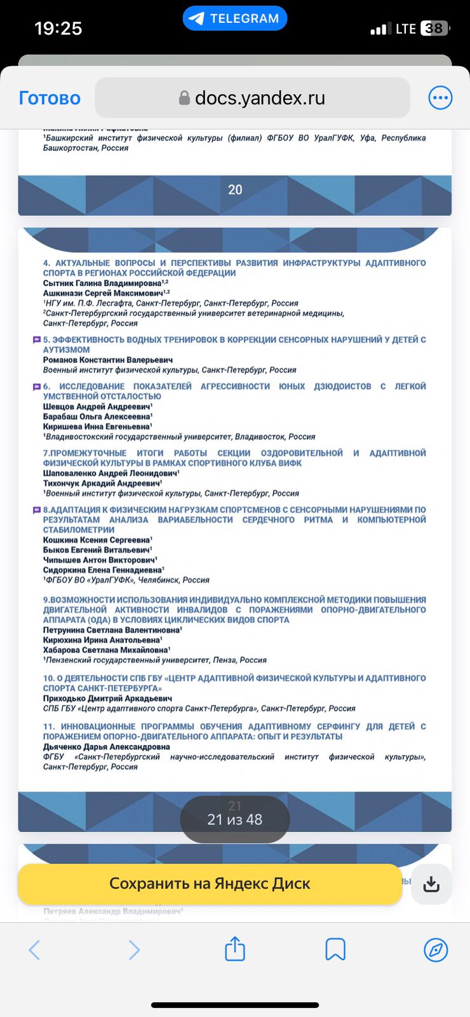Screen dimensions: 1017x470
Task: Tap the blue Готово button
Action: point(50,98)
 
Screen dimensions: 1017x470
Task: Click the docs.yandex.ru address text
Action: point(260,98)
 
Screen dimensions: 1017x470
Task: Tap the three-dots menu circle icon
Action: point(440,98)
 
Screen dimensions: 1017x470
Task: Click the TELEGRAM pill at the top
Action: point(235,18)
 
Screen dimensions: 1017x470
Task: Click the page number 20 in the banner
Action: point(235,189)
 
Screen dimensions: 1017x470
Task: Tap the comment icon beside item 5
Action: point(37,340)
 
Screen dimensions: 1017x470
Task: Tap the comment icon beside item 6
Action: point(37,386)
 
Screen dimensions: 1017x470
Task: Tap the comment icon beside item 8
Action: point(37,510)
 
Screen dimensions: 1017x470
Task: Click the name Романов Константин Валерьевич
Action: point(108,360)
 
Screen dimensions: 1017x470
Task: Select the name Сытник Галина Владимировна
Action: point(102,283)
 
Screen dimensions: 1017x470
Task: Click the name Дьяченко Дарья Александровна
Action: point(107,747)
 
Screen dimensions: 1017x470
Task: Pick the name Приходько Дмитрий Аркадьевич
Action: point(107,698)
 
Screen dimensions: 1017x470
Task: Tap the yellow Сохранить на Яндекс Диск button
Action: point(210,884)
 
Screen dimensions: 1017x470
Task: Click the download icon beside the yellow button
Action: point(431,884)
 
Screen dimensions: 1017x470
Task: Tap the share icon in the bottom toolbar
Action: point(235,949)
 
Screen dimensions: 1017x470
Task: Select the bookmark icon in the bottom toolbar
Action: point(335,950)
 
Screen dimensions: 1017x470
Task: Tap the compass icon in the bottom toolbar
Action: point(436,950)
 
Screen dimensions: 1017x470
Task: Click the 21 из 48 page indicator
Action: point(235,820)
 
